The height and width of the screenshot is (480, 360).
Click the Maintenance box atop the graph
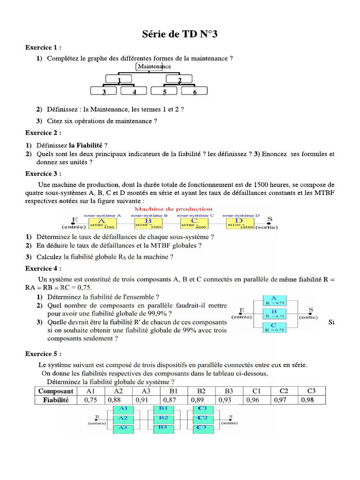pos(154,67)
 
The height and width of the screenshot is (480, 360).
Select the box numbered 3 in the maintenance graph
pos(104,91)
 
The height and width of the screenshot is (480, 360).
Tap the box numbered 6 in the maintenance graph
pos(195,91)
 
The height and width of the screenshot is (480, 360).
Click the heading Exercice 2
pos(43,133)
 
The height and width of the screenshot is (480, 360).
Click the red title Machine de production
pos(173,209)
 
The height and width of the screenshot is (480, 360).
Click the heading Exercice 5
pos(43,353)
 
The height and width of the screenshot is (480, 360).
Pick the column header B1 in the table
pos(173,391)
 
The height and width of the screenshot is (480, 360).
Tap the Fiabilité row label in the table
pos(56,400)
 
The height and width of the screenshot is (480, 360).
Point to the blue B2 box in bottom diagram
pos(164,418)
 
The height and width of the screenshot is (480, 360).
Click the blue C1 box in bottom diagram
pos(202,409)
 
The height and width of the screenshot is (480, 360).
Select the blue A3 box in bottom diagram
pos(123,427)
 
